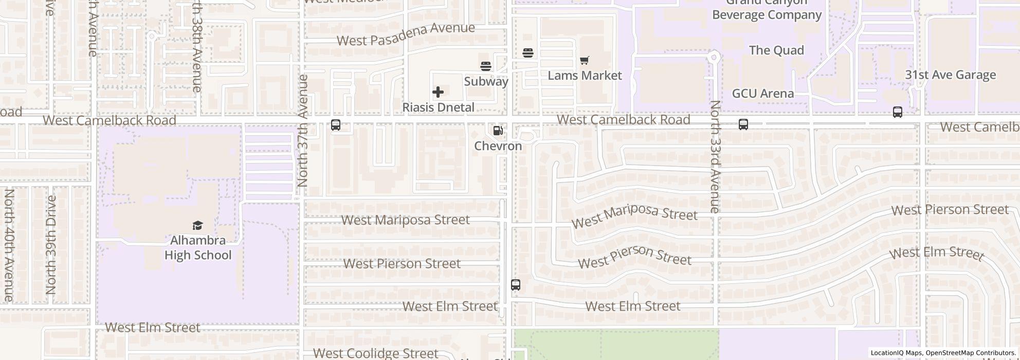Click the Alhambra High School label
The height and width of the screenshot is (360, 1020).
coord(198,248)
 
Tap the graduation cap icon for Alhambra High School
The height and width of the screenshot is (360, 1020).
coord(197,225)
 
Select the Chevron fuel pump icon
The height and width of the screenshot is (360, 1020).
coord(498,131)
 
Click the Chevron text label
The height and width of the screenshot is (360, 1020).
coord(498,146)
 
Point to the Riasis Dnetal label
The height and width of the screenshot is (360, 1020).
coord(438,107)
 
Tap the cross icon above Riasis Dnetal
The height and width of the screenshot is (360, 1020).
coord(438,92)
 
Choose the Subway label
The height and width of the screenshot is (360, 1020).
coord(486,81)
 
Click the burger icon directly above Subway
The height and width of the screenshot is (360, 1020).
coord(486,66)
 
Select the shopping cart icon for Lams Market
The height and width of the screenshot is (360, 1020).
coord(584,61)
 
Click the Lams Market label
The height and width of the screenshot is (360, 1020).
coord(585,76)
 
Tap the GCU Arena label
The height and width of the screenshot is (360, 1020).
coord(762,94)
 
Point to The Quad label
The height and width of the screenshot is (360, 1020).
coord(776,50)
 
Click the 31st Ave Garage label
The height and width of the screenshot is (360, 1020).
coord(950,75)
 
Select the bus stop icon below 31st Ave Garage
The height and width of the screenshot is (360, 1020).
coord(897,112)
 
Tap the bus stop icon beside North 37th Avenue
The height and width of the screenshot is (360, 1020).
coord(336,125)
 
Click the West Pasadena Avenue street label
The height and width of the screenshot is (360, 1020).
coord(406,34)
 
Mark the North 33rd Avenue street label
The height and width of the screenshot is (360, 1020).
coord(715,156)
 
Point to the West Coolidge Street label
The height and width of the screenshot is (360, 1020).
coord(375,353)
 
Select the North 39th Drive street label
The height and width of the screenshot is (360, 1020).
coord(51,245)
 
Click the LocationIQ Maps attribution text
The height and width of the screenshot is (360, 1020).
coord(896,353)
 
